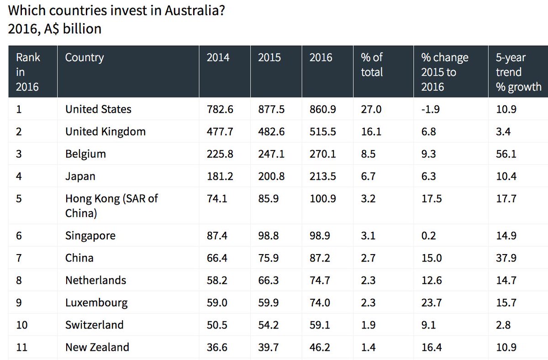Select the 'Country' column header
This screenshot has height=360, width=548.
point(84,57)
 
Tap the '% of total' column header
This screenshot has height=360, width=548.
point(372,65)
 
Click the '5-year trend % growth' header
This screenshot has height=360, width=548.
point(518,72)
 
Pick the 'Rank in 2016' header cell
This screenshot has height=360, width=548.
point(28,72)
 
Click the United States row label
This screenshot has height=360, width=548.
point(98,110)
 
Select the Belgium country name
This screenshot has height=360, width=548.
point(85,154)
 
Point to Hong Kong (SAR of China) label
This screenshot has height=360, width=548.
point(111,206)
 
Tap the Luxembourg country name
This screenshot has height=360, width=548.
point(96,303)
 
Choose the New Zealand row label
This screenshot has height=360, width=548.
point(97,347)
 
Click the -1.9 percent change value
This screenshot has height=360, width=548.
point(429,110)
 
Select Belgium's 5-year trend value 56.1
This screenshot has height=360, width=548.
point(506,154)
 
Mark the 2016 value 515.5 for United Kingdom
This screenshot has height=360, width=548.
point(322,132)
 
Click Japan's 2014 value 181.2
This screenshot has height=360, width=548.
point(220,176)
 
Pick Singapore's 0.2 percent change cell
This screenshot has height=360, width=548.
point(428,236)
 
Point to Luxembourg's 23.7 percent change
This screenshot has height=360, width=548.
point(431,303)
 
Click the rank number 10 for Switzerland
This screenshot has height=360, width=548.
point(21,325)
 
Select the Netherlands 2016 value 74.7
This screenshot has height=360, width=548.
point(320,280)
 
